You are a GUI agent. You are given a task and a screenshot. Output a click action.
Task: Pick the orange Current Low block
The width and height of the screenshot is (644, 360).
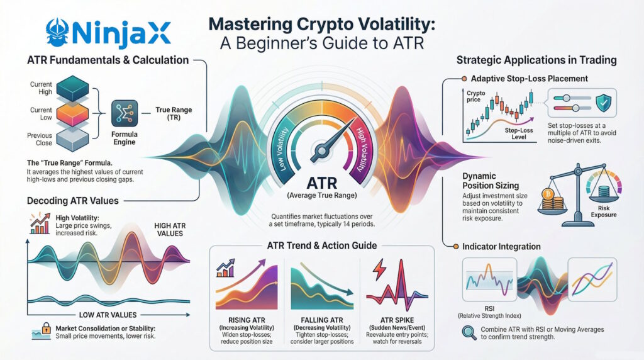[x=74, y=111]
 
